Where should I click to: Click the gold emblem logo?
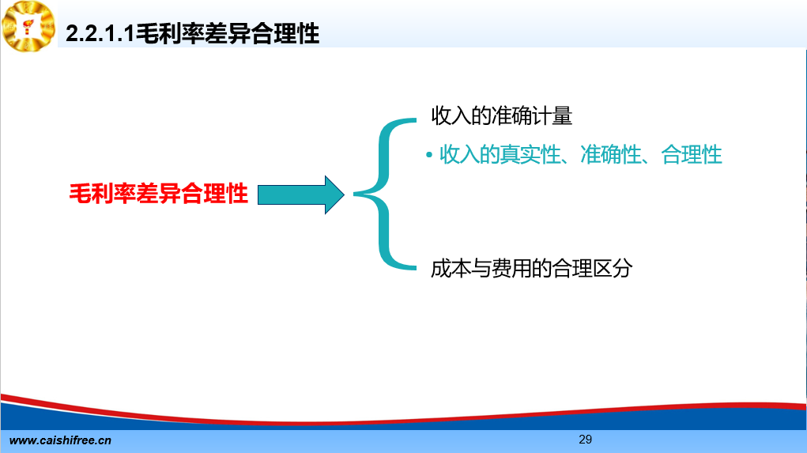[28, 26]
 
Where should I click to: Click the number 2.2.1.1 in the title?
[100, 34]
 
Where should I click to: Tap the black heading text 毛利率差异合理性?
[228, 34]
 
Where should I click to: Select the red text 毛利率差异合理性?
[159, 194]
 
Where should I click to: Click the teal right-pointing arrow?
[300, 194]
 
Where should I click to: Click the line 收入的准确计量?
[501, 116]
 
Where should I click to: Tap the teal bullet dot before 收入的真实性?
[428, 154]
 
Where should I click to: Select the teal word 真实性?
[530, 154]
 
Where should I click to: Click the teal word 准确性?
[610, 154]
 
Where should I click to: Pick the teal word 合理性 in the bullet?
[691, 154]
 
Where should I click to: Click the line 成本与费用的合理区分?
[532, 268]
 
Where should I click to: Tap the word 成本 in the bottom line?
[451, 268]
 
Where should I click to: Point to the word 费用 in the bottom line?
[511, 268]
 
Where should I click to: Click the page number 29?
[585, 439]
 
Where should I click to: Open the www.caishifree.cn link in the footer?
[60, 440]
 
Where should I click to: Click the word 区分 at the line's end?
[613, 268]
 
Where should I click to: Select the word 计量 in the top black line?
[552, 116]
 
